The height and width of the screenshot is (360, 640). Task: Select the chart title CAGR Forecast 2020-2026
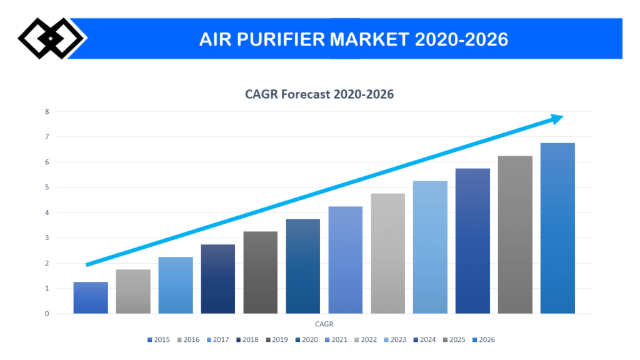[319, 94]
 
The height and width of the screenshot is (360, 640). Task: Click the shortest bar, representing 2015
[91, 297]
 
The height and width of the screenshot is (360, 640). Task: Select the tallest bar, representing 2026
[557, 228]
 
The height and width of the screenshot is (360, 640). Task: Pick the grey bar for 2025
[515, 234]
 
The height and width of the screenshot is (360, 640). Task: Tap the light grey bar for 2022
[387, 253]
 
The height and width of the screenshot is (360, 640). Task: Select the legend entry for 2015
[158, 339]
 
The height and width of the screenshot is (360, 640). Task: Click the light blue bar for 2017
[176, 285]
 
